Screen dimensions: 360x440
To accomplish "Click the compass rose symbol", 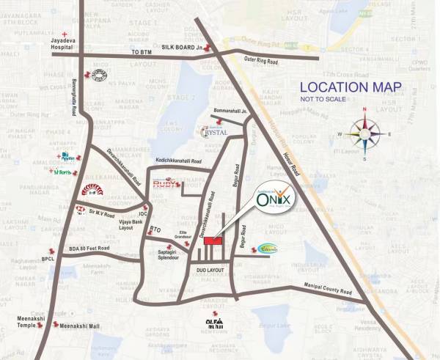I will tap(364, 132).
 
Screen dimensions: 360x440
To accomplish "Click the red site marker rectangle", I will tap(213, 240).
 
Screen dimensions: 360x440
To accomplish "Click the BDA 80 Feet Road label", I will tap(86, 249).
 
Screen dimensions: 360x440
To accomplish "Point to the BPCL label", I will tap(48, 259).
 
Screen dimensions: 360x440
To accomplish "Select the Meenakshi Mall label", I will tap(81, 326).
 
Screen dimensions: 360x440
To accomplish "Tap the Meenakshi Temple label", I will tap(30, 323).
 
